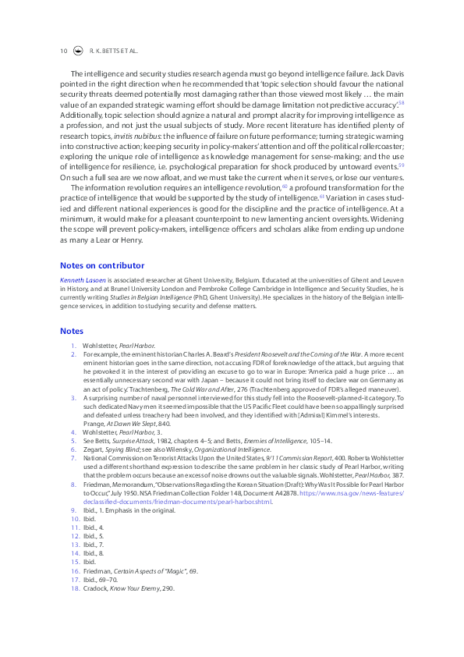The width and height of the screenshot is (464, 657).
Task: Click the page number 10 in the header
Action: point(64,51)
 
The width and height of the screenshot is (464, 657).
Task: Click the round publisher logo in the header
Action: point(78,51)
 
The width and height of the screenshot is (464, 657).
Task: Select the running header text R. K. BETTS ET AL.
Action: point(115,51)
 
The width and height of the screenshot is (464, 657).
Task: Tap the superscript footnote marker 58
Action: point(401,102)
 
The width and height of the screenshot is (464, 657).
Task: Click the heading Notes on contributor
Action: point(102,265)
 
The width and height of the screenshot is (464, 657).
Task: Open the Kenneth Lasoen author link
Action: point(83,279)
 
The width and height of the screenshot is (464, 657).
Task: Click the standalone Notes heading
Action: point(71,331)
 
